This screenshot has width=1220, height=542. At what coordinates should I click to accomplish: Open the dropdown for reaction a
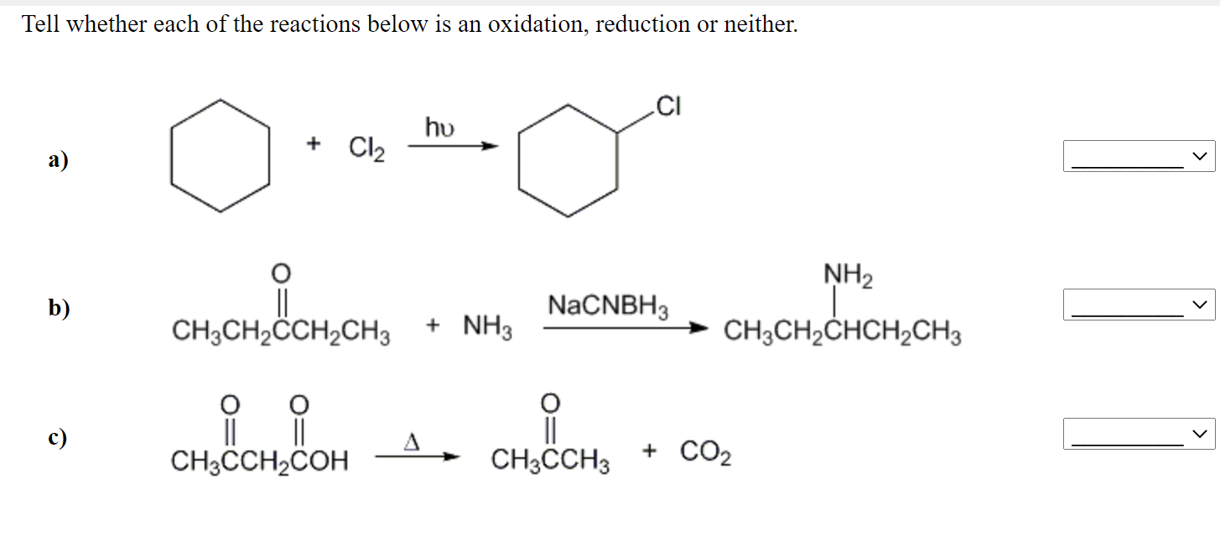tap(1139, 156)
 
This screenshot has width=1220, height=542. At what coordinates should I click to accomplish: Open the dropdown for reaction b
tap(1139, 305)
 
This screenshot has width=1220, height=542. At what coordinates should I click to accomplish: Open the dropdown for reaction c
tap(1139, 434)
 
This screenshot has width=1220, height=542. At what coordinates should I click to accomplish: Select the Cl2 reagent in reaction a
tap(366, 149)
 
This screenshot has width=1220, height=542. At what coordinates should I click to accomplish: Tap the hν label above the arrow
tap(440, 127)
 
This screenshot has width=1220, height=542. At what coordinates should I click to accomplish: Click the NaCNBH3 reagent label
tap(608, 306)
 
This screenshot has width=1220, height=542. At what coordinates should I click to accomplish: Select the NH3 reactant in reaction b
tap(487, 326)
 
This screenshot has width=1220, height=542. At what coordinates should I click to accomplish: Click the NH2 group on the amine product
tap(847, 274)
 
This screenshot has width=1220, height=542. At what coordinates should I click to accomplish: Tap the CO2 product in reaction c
tap(705, 454)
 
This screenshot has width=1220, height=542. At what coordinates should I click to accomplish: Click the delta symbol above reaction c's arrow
tap(412, 440)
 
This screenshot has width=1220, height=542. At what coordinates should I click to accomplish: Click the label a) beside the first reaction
tap(59, 159)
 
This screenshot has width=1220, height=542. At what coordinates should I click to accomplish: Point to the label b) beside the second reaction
tap(59, 309)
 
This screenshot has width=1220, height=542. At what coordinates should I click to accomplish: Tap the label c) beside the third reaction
tap(57, 438)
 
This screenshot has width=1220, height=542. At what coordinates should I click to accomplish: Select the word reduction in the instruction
tap(641, 24)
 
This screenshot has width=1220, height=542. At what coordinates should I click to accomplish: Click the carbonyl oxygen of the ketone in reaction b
tap(282, 273)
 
